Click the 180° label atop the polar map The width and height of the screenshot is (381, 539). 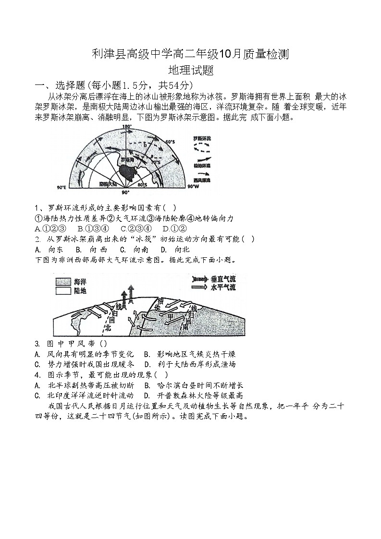coord(127,127)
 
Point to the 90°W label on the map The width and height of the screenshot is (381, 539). coord(193,186)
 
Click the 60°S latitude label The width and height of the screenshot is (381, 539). coord(170,142)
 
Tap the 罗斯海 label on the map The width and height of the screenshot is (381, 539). coord(126,160)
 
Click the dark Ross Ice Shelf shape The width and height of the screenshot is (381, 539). coord(128,170)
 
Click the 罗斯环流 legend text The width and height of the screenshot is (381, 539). coord(201,139)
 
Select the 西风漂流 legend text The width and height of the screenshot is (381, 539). coord(201,179)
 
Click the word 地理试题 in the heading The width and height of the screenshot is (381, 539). coord(190,71)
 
